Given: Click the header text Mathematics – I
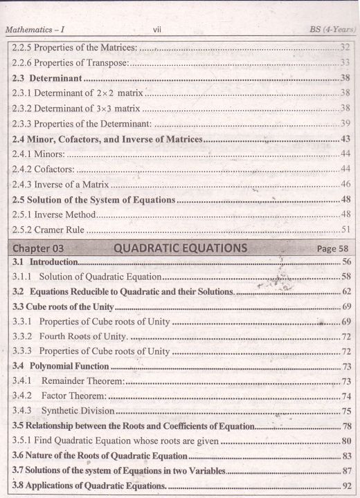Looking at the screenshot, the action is tap(39, 30).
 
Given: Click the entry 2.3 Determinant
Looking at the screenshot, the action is tap(48, 77).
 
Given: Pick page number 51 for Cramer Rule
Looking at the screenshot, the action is tap(345, 230).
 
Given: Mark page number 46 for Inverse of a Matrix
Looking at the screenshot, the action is tap(345, 184).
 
